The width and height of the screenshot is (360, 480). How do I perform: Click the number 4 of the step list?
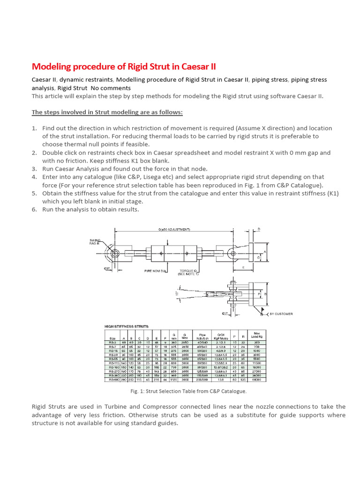point(34,177)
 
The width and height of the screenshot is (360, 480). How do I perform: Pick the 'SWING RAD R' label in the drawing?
point(95,242)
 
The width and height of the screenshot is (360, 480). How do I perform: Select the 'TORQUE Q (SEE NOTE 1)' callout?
point(188,272)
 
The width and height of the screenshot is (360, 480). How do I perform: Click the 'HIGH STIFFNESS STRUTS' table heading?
point(126,326)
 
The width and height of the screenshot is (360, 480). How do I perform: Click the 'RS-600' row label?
point(112,380)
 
